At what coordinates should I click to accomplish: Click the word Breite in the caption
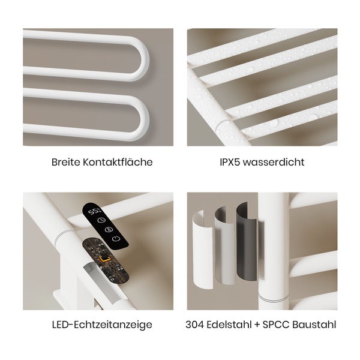click(x=65, y=162)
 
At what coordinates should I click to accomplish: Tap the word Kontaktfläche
click(x=118, y=162)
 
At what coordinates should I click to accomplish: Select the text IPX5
click(x=230, y=162)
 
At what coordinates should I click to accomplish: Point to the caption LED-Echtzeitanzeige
click(x=102, y=325)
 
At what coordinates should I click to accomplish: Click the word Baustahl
click(x=314, y=325)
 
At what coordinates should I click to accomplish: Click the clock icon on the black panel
click(x=101, y=220)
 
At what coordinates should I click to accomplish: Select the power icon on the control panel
click(x=116, y=239)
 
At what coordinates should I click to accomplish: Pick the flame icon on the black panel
click(x=109, y=229)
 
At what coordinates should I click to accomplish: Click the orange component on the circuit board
click(x=105, y=259)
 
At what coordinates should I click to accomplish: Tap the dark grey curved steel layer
click(x=247, y=242)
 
